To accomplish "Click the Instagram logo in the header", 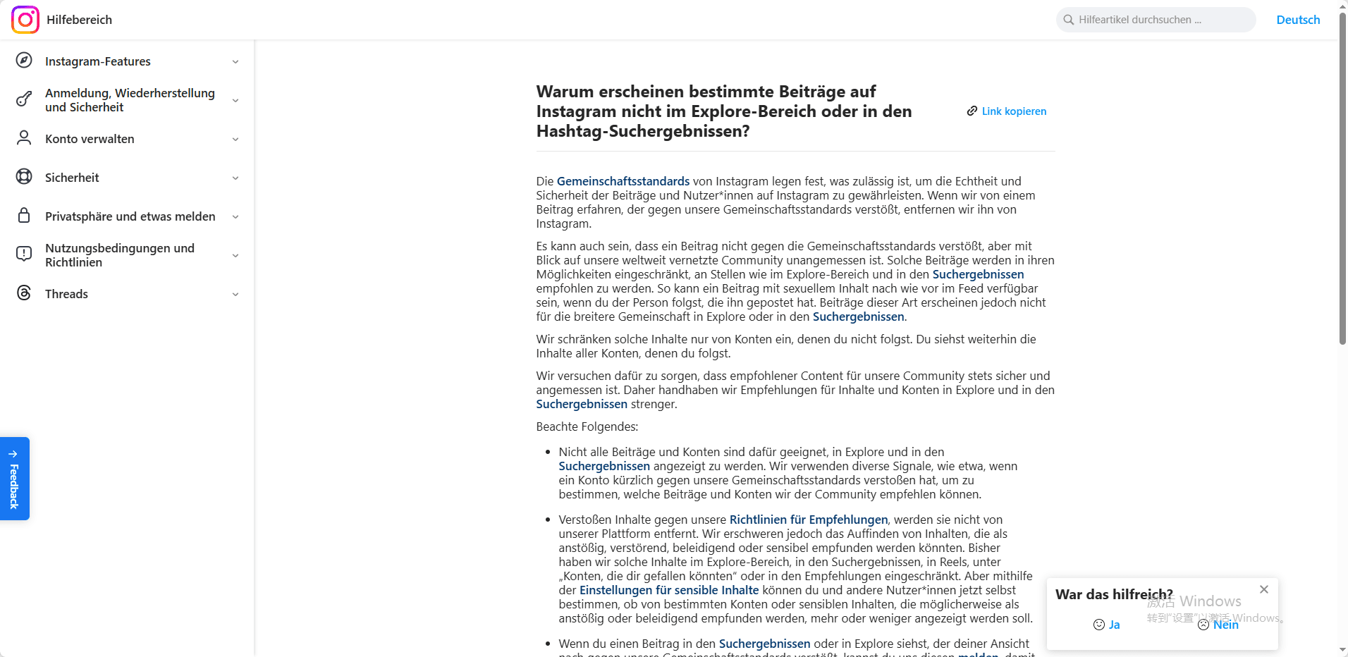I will pyautogui.click(x=25, y=20).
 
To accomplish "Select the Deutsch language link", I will pyautogui.click(x=1298, y=20).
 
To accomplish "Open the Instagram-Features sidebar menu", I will pyautogui.click(x=98, y=61).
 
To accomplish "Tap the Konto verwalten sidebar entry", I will pyautogui.click(x=90, y=139).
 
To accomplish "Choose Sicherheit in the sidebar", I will pyautogui.click(x=72, y=178).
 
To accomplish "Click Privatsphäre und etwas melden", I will pyautogui.click(x=130, y=216).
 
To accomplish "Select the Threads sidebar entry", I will pyautogui.click(x=66, y=294).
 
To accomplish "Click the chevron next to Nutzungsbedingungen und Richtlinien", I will pyautogui.click(x=235, y=255).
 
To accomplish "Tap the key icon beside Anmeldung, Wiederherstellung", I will pyautogui.click(x=24, y=99).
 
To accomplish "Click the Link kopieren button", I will pyautogui.click(x=1007, y=111).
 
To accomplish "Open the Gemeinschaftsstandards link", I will pyautogui.click(x=623, y=181).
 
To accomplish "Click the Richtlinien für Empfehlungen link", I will pyautogui.click(x=809, y=520).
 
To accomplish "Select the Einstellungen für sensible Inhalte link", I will pyautogui.click(x=669, y=590).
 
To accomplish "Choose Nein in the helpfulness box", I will pyautogui.click(x=1219, y=625).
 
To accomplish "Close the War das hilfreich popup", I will pyautogui.click(x=1264, y=589).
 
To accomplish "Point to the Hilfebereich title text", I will pyautogui.click(x=79, y=20).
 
